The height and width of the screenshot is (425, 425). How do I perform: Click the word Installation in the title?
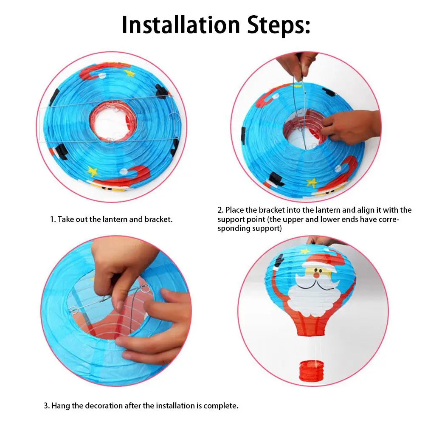181,25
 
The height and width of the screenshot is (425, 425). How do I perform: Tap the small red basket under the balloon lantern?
312,371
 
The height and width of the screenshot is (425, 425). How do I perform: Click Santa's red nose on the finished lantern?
316,275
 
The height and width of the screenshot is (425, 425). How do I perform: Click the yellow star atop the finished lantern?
305,251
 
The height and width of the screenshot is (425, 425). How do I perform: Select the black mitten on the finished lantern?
279,261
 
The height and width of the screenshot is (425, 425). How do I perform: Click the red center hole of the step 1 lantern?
113,121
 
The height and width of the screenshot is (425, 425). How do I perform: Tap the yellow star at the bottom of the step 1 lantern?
93,171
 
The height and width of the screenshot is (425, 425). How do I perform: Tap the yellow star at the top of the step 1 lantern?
129,73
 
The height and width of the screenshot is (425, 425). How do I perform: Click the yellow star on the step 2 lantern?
312,183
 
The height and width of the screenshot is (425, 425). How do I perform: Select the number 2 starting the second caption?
220,210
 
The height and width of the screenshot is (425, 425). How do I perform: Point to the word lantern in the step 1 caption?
114,219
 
